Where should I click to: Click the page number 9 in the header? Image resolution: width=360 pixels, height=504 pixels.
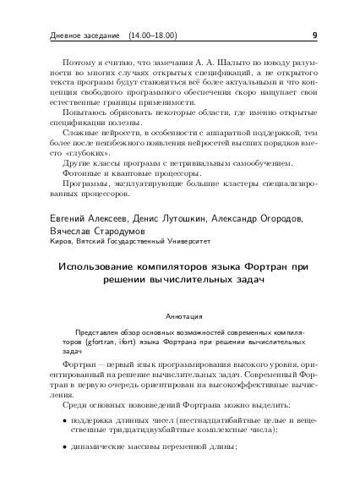tap(314, 36)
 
